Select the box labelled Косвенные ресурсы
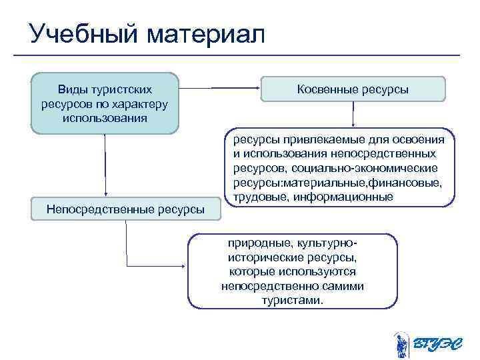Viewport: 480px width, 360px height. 352,89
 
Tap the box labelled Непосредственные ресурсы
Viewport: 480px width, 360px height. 125,209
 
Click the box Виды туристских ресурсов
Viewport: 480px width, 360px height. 105,103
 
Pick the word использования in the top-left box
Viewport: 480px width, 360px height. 105,117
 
